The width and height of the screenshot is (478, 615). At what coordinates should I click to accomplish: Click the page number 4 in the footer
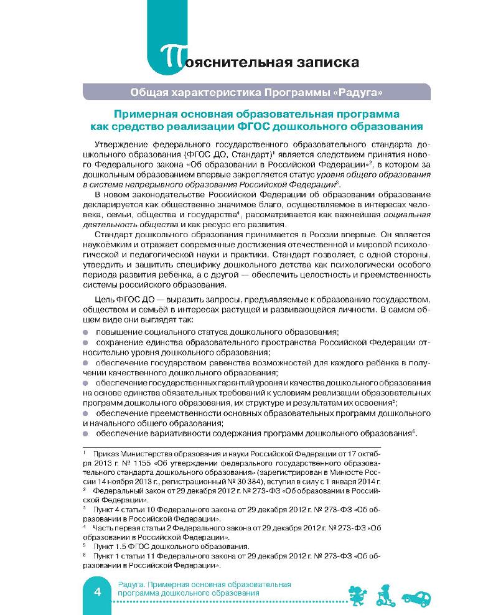(97, 592)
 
